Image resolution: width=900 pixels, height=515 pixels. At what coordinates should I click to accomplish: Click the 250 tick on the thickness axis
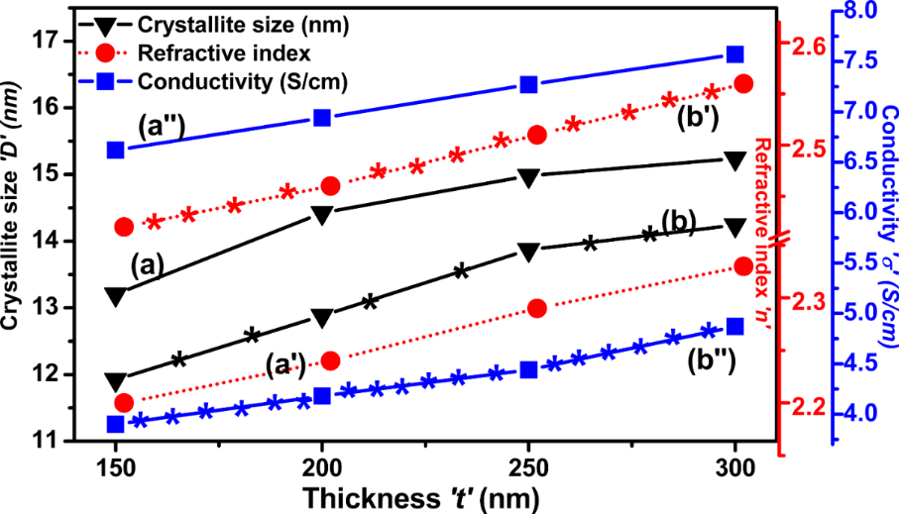pos(528,465)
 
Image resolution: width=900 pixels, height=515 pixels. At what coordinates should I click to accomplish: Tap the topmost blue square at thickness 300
pos(735,54)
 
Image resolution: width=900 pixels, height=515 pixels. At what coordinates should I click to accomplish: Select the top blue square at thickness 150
pos(116,150)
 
